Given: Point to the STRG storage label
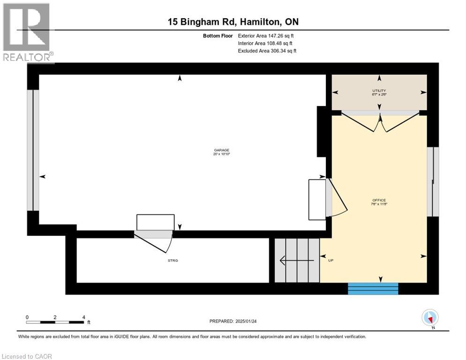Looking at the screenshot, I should [x=173, y=260].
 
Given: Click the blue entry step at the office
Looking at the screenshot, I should [x=373, y=289].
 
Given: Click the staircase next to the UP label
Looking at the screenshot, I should [x=296, y=261].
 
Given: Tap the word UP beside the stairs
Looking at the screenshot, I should [x=331, y=261].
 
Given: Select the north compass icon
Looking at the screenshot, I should [x=430, y=318].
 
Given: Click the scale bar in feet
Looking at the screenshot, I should [x=55, y=322].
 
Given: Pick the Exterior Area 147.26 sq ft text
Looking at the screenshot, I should [x=266, y=36].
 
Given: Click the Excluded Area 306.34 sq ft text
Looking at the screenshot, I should [x=267, y=51].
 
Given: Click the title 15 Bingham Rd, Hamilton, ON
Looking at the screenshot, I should [x=233, y=22].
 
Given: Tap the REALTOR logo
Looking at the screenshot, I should [x=27, y=32].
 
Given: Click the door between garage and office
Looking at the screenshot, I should [x=337, y=197].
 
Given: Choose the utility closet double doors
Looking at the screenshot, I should [x=380, y=122].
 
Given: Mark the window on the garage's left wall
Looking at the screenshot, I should [x=30, y=150].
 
